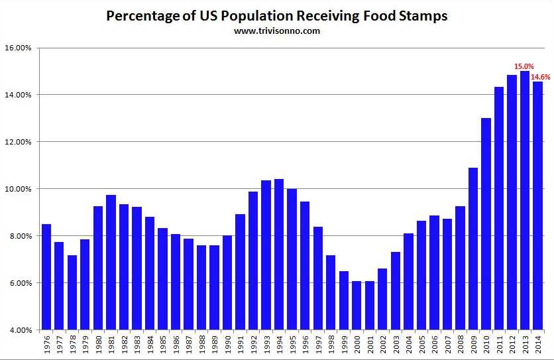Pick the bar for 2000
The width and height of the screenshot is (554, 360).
357,306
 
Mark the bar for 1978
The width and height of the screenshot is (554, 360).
72,292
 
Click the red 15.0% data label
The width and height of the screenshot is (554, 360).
524,66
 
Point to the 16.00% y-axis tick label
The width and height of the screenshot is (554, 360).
19,48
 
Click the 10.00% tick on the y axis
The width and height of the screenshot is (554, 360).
19,189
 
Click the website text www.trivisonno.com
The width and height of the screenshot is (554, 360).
276,30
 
